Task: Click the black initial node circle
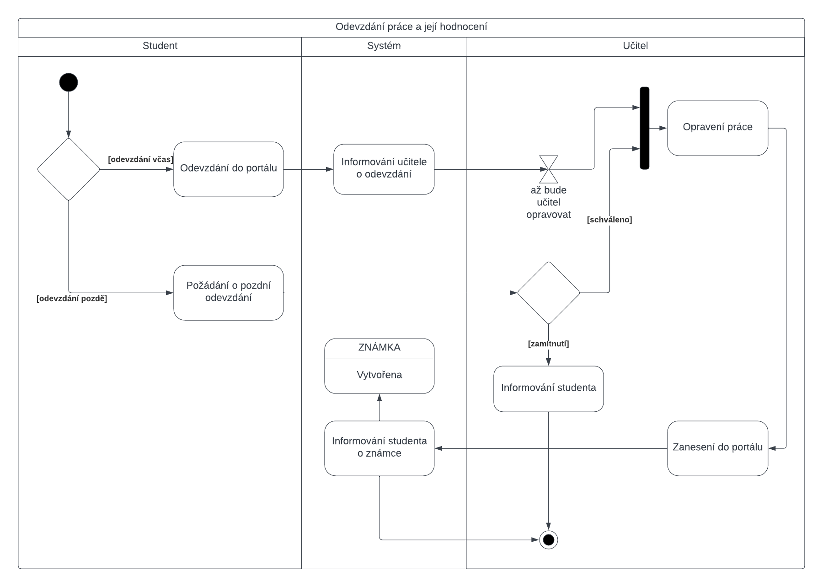click(x=69, y=82)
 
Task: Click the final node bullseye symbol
click(x=548, y=540)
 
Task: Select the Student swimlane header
click(x=160, y=46)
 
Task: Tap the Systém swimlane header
click(x=384, y=46)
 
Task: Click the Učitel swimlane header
click(x=635, y=46)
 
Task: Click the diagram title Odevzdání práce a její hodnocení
click(x=411, y=27)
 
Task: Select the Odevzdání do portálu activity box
click(x=228, y=169)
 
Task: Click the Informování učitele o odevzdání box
click(x=384, y=169)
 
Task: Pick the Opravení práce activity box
click(x=717, y=128)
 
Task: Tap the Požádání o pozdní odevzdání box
click(x=228, y=292)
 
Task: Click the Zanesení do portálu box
click(x=717, y=448)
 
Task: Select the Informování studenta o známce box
click(x=379, y=448)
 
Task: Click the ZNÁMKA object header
click(x=379, y=348)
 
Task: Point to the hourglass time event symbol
click(x=548, y=169)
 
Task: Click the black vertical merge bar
click(x=644, y=128)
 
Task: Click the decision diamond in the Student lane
click(x=69, y=169)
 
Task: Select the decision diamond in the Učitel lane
click(x=548, y=293)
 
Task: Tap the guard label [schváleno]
click(x=609, y=220)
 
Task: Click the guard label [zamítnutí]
click(x=548, y=344)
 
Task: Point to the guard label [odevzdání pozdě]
click(x=72, y=299)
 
